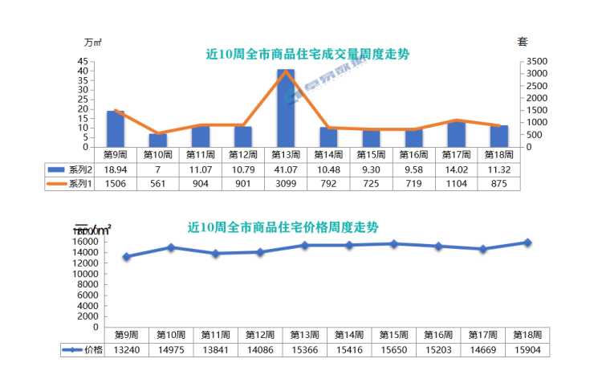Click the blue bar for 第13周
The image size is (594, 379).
[286, 108]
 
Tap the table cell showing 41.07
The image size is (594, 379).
[286, 169]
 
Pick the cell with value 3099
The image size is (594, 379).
[286, 183]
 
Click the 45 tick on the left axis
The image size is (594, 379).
[83, 61]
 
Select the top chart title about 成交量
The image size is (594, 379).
[307, 55]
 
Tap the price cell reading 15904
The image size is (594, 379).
[527, 349]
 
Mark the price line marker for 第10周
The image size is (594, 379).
[170, 247]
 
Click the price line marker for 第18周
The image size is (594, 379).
[527, 242]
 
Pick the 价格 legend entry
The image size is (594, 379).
[83, 349]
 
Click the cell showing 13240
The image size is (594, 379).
[126, 349]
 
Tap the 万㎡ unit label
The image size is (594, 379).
[92, 42]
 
